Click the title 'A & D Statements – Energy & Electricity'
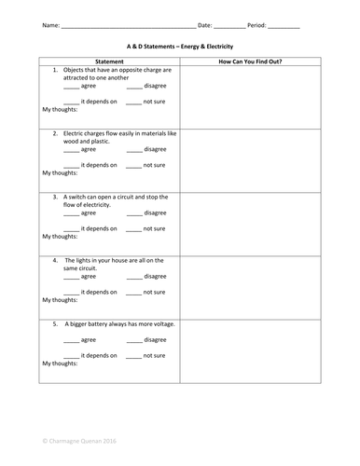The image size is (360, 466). click(180, 46)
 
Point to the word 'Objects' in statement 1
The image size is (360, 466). click(76, 71)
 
